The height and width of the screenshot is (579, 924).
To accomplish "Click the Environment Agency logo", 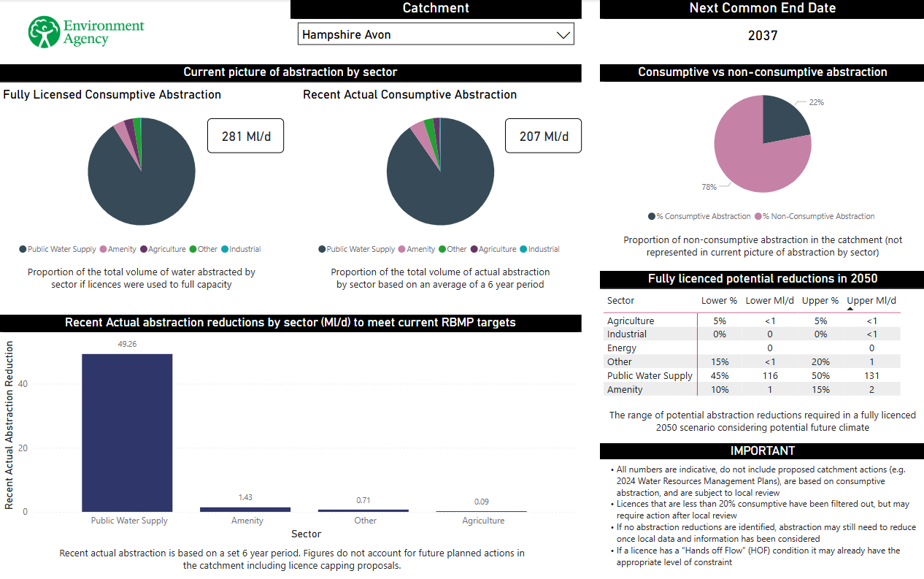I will tap(86, 32).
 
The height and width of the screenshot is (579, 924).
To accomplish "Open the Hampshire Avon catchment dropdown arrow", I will tap(563, 34).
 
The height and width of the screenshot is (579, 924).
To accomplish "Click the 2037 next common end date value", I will tap(763, 35).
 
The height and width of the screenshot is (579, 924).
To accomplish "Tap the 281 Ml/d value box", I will tap(245, 136).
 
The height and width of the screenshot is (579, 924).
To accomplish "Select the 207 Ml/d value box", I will tap(543, 136).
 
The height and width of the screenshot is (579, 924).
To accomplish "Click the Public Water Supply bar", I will tap(127, 432).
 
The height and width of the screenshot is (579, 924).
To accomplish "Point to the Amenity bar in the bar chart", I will tap(245, 509).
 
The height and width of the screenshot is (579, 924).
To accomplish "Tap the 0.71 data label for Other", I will tap(363, 500).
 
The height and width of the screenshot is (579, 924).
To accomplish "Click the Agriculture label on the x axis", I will tap(483, 521).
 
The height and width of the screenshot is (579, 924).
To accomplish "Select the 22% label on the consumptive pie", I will tap(816, 103).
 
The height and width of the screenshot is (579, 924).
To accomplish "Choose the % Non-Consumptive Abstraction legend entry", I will tap(818, 216).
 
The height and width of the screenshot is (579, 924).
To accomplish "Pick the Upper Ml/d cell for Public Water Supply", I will tap(871, 375).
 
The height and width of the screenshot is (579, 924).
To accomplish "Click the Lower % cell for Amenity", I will tap(719, 389).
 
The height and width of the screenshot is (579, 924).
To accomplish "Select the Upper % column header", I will tap(820, 300).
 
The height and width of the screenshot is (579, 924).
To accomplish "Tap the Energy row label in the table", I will tap(622, 348).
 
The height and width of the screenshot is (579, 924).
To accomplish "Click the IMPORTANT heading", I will tap(762, 450).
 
